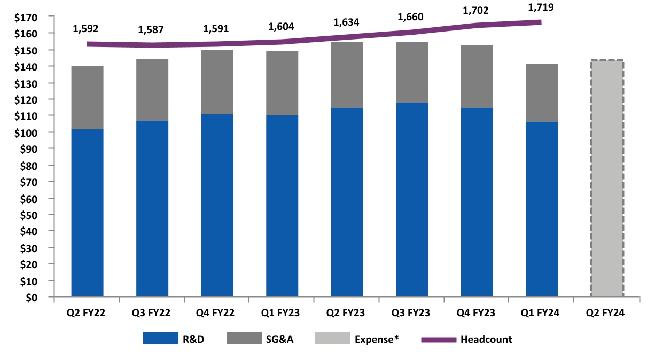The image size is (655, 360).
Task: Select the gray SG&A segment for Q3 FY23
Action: coord(412,72)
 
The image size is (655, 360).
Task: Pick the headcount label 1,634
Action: coord(347,22)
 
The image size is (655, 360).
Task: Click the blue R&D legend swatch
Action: coord(160,339)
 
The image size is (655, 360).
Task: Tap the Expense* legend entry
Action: coord(378,339)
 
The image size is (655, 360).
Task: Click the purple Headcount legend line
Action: coord(439,339)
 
